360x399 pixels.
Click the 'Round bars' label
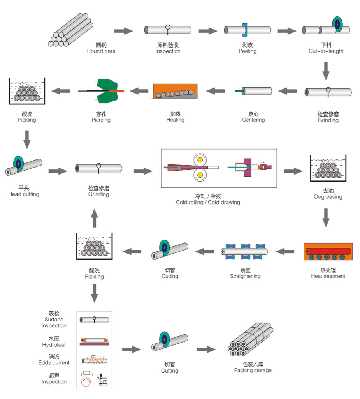tap(101, 51)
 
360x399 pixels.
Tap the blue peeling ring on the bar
tap(245, 30)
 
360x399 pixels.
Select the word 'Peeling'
tap(248, 51)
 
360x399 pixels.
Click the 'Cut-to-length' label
tap(326, 51)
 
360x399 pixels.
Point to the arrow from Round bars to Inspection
tap(123, 30)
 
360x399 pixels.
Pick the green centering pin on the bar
tap(239, 91)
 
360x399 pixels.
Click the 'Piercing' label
tap(101, 120)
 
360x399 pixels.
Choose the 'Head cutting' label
tap(24, 194)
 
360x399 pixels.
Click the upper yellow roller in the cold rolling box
tap(200, 159)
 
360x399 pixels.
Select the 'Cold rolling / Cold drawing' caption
tap(208, 202)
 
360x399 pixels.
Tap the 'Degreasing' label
tap(328, 197)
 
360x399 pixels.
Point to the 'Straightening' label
tap(245, 276)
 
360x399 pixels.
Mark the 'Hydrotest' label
tap(54, 345)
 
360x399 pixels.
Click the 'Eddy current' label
tap(54, 362)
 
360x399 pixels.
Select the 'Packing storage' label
tap(253, 370)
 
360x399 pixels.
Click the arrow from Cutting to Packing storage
tap(206, 349)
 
